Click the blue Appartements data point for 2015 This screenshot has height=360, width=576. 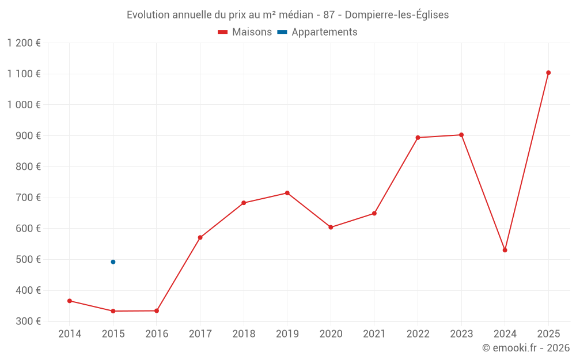pos(113,262)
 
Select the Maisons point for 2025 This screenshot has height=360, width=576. pos(548,73)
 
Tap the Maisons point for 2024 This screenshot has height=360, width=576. pos(505,250)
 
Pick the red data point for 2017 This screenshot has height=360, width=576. pos(200,237)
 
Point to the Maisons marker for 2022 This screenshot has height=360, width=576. pos(418,138)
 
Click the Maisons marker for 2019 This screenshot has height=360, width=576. pos(287,193)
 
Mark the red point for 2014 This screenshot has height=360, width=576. pos(70,301)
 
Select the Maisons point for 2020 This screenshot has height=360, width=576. pos(331,228)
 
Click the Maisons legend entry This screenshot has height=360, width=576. pos(245,32)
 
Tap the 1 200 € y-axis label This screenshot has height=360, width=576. pos(24,43)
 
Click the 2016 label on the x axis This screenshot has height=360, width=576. pos(157,334)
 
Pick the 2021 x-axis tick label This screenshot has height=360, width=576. pos(374,334)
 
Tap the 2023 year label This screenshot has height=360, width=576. pos(461,334)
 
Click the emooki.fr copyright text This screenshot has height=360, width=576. pos(526,348)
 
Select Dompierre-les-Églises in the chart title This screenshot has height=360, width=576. pos(396,15)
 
